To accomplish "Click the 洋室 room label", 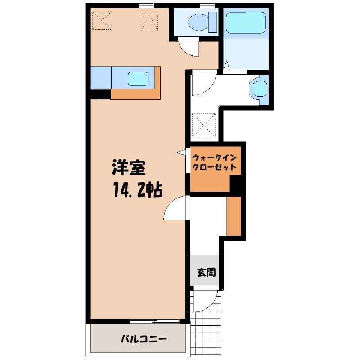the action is [129, 167].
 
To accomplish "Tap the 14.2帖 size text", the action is [138, 189].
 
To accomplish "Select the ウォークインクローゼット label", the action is [215, 162].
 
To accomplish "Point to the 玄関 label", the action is [207, 272].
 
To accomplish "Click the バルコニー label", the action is [144, 339].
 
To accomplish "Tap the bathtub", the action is [246, 22].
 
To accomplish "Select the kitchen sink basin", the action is [138, 79].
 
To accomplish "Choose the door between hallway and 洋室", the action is [176, 208].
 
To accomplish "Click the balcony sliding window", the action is [154, 321].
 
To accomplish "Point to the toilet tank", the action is [212, 22].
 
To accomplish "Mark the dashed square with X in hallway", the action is [204, 125].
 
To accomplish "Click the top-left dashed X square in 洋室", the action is [102, 21].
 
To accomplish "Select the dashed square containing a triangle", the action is [149, 22].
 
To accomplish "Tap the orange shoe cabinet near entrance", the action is [234, 216].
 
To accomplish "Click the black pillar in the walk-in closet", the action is [236, 183].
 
